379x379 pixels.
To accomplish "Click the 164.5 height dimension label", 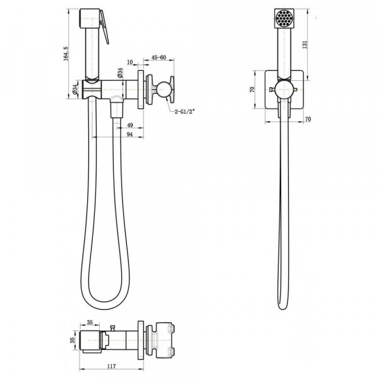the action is pos(66,54).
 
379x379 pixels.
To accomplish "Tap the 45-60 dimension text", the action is pos(159,57).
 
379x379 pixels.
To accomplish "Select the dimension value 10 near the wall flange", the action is pos(129,62).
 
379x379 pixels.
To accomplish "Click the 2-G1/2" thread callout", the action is pos(184,112).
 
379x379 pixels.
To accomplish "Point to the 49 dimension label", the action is pos(129,125).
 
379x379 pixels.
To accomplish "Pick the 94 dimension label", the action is pos(129,135).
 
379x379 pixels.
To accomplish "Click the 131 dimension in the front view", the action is pos(305,45).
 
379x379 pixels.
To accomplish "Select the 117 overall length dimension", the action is pos(111,366).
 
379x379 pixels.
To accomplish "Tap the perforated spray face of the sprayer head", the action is pos(284,18).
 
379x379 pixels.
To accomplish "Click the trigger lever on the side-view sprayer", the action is pos(104,27).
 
